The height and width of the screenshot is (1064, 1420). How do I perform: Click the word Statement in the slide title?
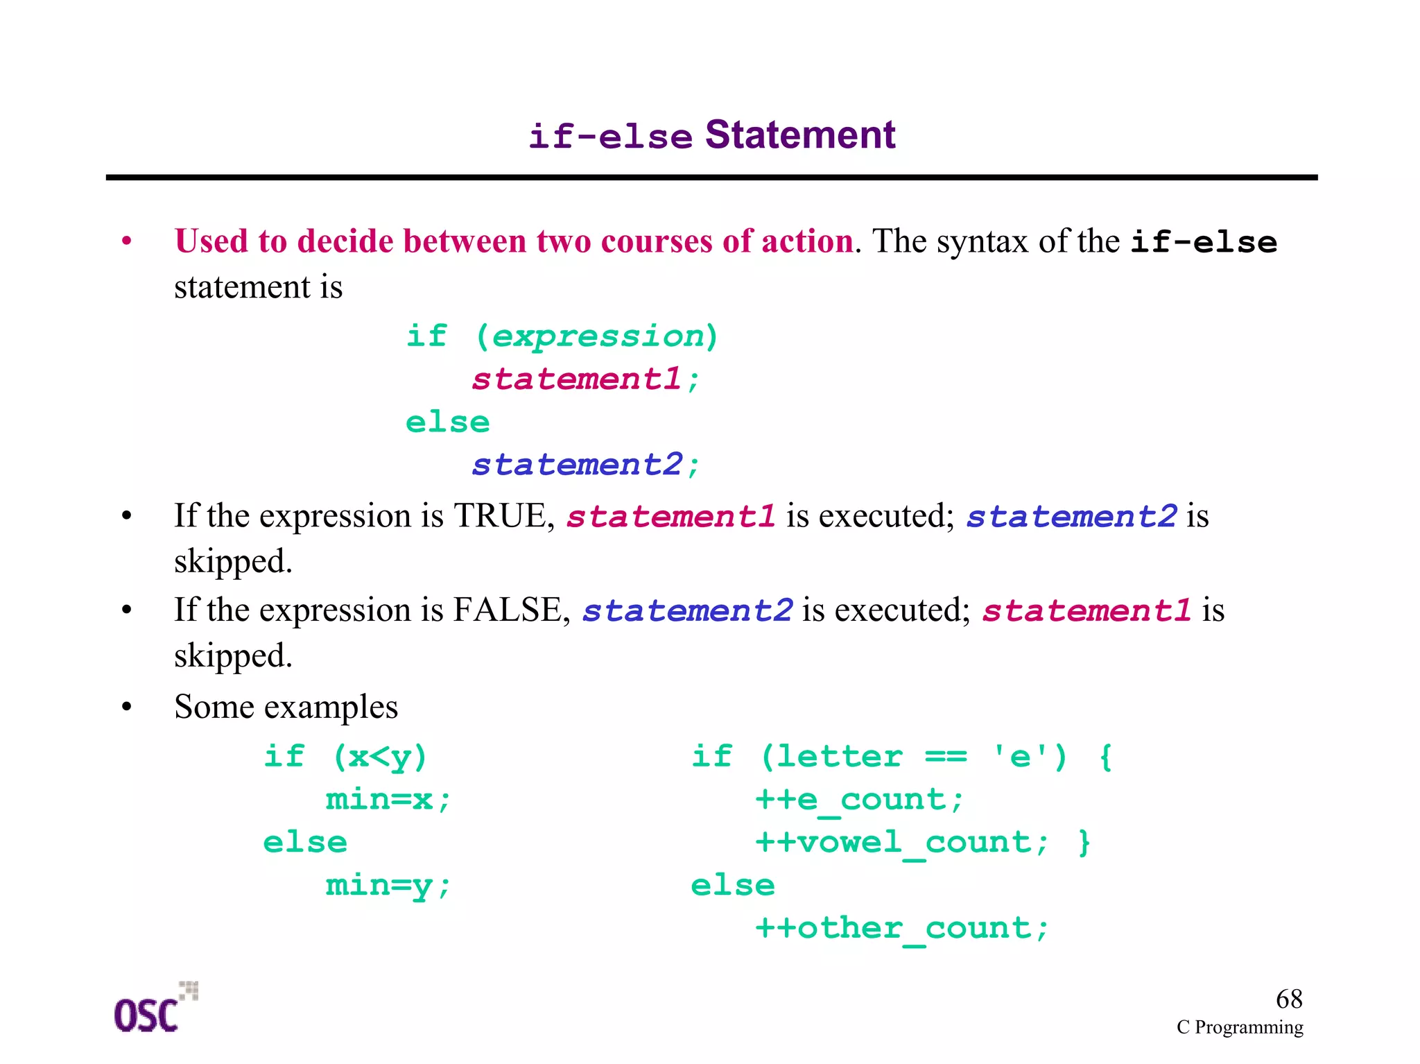click(800, 135)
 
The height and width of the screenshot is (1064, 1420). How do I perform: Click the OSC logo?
click(154, 1009)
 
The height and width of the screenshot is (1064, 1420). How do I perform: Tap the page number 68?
click(1289, 999)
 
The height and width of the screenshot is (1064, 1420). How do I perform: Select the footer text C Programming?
click(1240, 1027)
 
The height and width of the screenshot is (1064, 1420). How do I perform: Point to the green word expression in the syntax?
click(598, 336)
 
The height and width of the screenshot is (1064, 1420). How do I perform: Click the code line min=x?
click(388, 800)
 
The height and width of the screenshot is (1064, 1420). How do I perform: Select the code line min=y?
click(388, 886)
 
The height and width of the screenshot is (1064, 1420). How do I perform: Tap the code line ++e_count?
click(859, 800)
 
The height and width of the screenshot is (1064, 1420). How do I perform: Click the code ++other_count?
click(901, 928)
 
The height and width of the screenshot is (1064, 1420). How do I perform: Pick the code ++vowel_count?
click(901, 843)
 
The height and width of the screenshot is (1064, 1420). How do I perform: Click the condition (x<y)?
click(380, 757)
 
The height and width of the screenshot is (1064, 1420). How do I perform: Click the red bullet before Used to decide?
click(126, 241)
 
